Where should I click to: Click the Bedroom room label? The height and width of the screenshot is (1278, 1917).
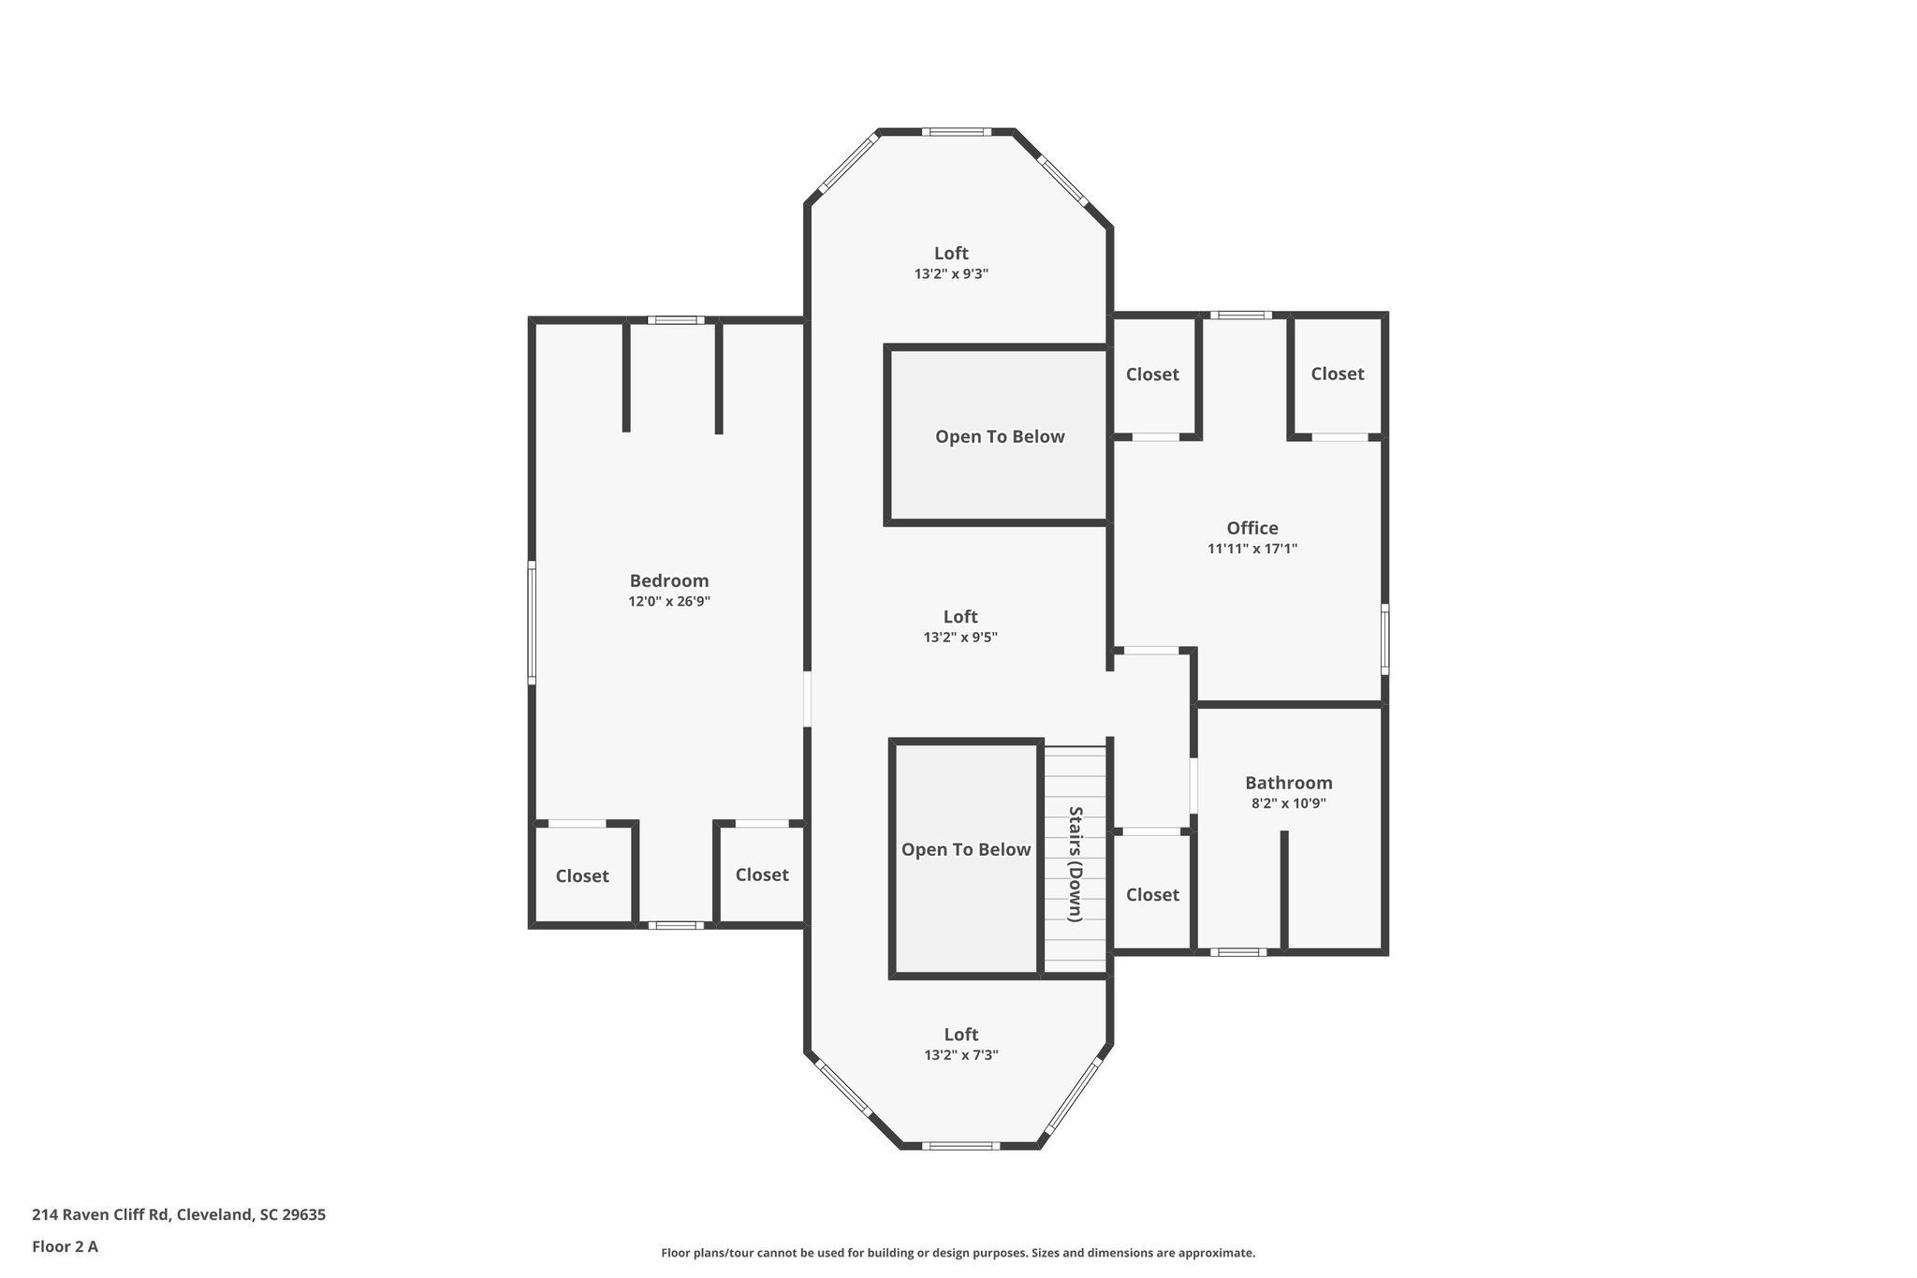[x=668, y=580]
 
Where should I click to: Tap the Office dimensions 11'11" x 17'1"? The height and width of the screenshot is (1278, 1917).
[x=1251, y=550]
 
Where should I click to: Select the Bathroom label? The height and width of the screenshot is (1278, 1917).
[x=1288, y=783]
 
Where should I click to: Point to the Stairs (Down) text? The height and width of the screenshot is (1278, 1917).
[x=1076, y=863]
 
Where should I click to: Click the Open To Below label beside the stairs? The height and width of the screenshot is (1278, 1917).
[x=965, y=849]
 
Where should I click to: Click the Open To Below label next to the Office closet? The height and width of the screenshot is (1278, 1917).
[x=1000, y=436]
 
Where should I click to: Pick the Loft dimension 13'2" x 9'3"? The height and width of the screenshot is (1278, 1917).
[x=951, y=274]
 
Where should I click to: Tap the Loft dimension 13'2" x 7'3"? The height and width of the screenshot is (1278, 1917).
[x=960, y=1055]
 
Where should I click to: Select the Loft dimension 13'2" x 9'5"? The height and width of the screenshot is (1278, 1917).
[x=960, y=638]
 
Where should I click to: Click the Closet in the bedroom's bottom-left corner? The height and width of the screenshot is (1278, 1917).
[x=582, y=875]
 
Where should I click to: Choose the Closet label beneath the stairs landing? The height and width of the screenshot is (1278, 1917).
[x=1152, y=894]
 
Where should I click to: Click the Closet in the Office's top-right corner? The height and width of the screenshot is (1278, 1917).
[x=1337, y=374]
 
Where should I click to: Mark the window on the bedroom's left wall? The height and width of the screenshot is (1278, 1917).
[x=532, y=622]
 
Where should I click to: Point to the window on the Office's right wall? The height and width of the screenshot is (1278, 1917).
[x=1384, y=639]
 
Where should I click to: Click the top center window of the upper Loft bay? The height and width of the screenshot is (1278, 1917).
[x=956, y=132]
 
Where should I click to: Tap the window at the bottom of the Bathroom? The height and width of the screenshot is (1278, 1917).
[x=1237, y=952]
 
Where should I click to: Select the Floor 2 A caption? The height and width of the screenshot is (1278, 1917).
[x=65, y=1246]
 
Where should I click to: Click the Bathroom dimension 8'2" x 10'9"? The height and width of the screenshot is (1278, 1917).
[x=1288, y=803]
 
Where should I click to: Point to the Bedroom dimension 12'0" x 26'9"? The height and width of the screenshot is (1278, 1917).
[x=668, y=602]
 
